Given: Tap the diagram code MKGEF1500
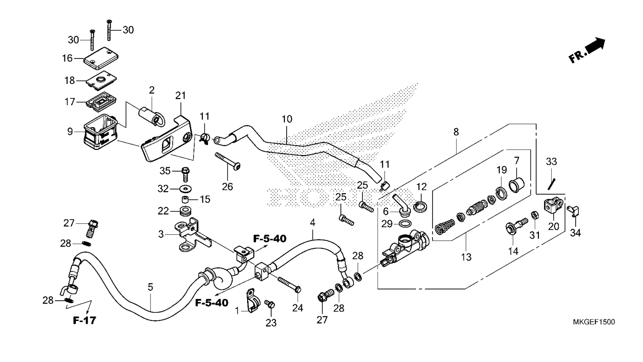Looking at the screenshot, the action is coord(594,322).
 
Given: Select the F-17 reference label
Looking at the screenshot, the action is coord(84,321).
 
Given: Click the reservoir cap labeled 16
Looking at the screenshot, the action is coord(101,58).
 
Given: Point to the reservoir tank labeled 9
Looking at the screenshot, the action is coord(100,132).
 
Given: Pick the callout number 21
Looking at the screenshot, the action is coord(181,96).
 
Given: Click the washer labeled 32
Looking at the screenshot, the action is coord(186,189).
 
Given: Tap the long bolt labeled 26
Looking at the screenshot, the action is coord(228,161).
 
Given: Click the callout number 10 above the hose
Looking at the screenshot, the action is coord(287,119).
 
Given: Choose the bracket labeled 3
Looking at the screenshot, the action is coord(193,234).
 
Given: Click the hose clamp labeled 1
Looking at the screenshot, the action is coord(252,300).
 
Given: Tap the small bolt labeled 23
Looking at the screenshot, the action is coord(270,304).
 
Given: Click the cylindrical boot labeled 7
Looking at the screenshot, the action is coord(516,185).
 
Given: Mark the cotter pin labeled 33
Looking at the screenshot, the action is coord(551,184).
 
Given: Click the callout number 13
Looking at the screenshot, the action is coord(466,257).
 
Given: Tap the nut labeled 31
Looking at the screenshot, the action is coord(535,215).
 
